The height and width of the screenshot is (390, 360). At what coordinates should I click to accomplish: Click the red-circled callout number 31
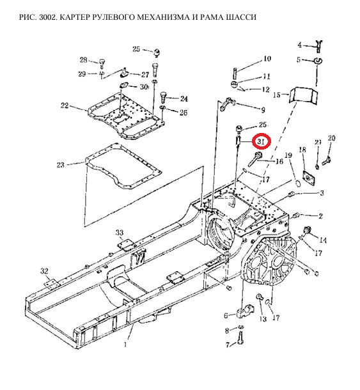(260, 141)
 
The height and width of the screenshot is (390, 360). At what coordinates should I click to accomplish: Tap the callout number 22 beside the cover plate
(65, 105)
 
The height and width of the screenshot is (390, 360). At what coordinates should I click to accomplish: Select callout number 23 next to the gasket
(61, 165)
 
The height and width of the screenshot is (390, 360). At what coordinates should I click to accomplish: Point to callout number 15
(277, 95)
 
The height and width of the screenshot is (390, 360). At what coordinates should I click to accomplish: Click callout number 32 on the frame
(44, 271)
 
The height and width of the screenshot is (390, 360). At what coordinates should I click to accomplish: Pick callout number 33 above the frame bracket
(120, 233)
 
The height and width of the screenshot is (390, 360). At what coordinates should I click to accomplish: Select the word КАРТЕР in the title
(79, 17)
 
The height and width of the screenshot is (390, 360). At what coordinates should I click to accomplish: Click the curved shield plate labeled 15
(303, 95)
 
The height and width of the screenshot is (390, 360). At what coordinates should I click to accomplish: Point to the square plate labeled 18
(309, 177)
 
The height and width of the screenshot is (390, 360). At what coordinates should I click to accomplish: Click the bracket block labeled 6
(246, 311)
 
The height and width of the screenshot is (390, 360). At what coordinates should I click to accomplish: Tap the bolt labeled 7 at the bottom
(240, 338)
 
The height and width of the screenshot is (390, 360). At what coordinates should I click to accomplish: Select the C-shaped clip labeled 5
(318, 61)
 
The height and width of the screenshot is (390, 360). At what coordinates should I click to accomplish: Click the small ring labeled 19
(297, 182)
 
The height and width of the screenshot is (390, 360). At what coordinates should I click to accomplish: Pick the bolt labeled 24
(163, 97)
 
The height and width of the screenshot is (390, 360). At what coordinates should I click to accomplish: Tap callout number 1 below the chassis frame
(125, 344)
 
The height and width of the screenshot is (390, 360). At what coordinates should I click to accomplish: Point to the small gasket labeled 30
(124, 86)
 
